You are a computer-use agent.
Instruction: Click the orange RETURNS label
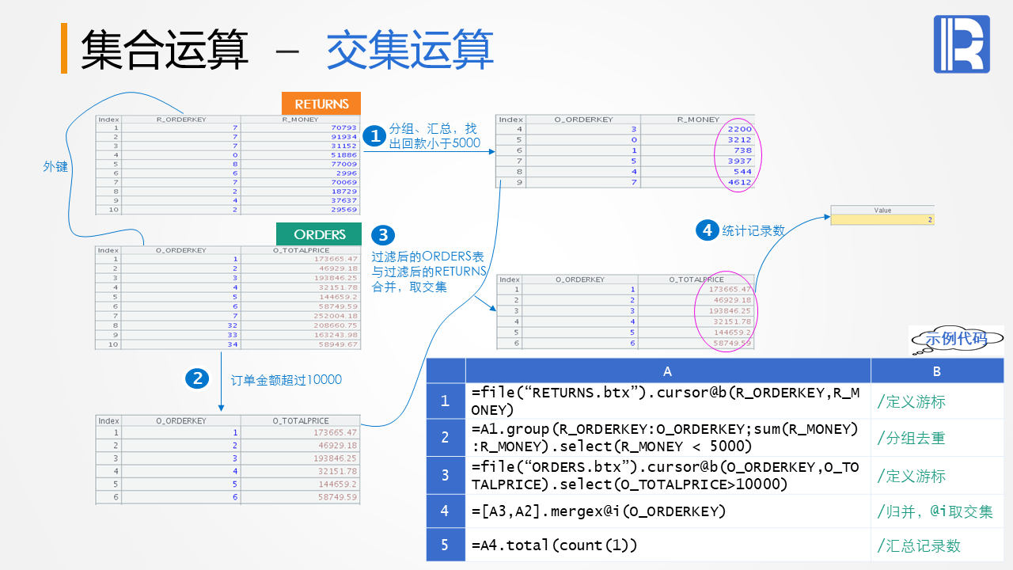[321, 104]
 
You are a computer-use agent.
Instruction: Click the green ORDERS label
[319, 234]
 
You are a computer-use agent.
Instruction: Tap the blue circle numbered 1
[374, 135]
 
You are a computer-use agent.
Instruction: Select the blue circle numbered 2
[197, 378]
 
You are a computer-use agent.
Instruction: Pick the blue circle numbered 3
[383, 234]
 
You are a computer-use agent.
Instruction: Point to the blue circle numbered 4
[706, 230]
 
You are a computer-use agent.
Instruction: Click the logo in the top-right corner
[962, 44]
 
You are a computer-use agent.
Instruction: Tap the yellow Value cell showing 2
[882, 219]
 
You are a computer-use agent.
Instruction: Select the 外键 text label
[55, 167]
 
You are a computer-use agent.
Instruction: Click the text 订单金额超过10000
[286, 380]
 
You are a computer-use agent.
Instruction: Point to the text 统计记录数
[753, 231]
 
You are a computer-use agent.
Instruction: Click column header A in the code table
[667, 371]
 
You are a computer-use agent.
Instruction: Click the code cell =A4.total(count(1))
[554, 545]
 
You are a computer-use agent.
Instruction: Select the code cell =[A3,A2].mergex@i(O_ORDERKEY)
[598, 511]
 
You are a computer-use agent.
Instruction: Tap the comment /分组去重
[911, 438]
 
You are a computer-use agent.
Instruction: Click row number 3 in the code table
[446, 475]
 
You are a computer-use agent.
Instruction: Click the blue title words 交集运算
[410, 49]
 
